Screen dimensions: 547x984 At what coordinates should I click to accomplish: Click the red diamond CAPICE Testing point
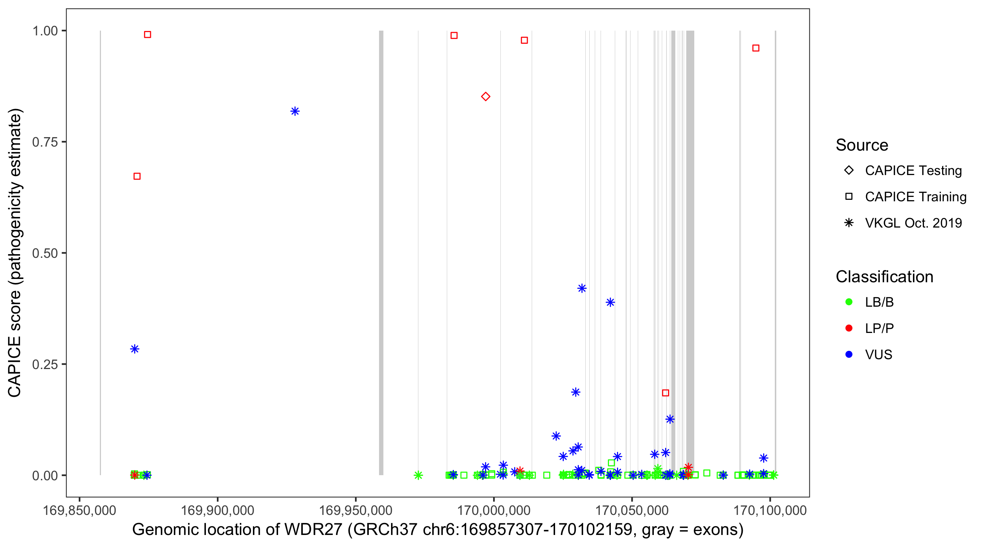click(x=485, y=96)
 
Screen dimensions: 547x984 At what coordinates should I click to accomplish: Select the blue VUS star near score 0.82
click(x=295, y=111)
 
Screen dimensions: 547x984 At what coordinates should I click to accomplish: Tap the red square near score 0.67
click(x=137, y=176)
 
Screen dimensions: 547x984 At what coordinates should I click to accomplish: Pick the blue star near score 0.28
click(x=134, y=349)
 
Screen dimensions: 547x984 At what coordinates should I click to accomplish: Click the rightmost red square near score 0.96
click(x=755, y=48)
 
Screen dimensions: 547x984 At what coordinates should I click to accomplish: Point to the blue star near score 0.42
click(x=581, y=288)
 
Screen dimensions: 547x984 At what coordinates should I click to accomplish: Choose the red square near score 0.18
click(x=665, y=393)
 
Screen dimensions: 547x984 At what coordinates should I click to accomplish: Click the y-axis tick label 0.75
click(x=44, y=142)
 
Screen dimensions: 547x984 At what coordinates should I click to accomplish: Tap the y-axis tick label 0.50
click(x=44, y=253)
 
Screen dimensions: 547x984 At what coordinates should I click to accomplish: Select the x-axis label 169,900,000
click(x=217, y=510)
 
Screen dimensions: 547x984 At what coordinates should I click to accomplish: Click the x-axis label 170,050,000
click(x=632, y=510)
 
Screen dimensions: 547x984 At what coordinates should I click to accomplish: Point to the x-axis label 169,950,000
click(x=356, y=510)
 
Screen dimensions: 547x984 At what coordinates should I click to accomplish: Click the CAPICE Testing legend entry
click(x=913, y=171)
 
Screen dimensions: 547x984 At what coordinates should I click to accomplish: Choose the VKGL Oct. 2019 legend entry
click(x=913, y=223)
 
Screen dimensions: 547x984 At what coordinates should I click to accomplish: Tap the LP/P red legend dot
click(x=849, y=328)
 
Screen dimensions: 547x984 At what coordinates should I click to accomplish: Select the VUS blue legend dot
click(x=849, y=354)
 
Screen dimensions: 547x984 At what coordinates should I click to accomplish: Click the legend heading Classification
click(x=884, y=277)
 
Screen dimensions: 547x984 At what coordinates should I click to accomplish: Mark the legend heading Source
click(x=862, y=145)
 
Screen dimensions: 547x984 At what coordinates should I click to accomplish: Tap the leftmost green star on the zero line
click(x=418, y=475)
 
